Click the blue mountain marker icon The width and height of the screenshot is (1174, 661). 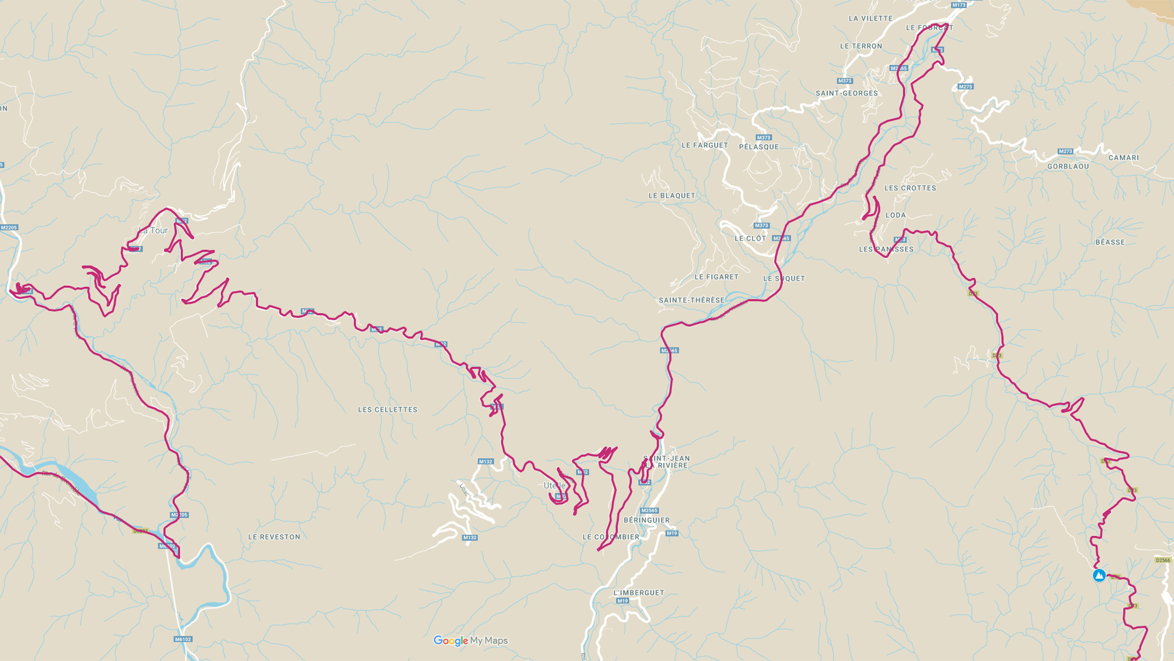1099,575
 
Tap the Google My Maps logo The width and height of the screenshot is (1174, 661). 471,640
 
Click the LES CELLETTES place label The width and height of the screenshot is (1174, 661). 388,409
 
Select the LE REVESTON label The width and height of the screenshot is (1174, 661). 274,537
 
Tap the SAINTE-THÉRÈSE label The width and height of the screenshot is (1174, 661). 692,300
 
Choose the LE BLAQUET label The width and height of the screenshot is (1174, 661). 671,196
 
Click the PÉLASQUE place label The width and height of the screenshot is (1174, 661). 759,147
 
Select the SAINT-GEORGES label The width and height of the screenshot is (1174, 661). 847,93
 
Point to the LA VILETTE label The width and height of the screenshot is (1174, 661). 870,18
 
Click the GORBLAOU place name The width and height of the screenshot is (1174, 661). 1068,166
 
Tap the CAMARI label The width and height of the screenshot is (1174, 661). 1124,157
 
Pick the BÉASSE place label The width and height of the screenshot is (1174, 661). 1110,242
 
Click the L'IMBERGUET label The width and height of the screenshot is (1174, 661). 638,593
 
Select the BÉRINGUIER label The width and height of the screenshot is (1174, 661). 647,520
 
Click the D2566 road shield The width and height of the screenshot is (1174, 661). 1163,560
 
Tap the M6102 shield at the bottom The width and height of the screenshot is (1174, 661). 183,639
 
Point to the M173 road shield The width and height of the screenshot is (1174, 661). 958,5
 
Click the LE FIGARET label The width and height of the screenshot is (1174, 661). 716,277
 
